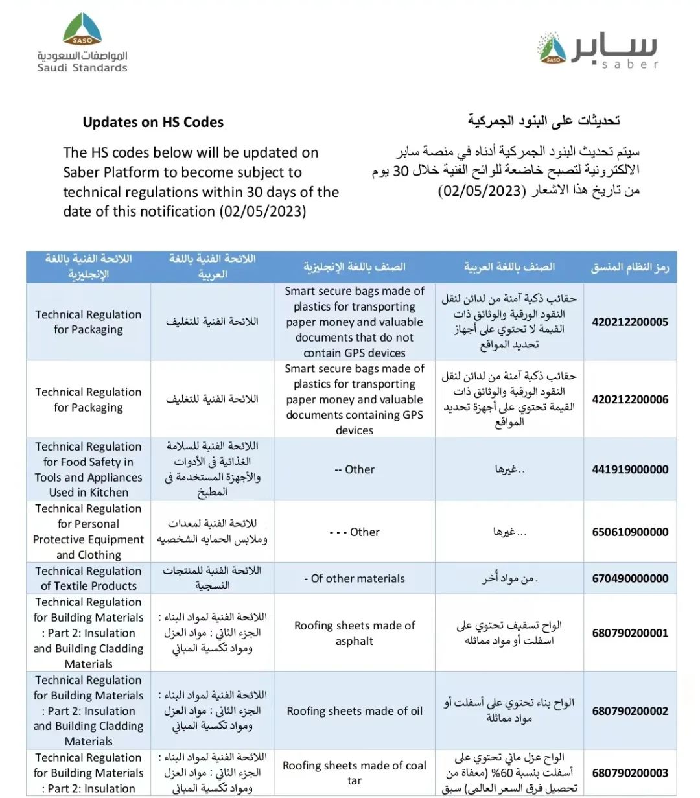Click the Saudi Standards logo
click(82, 43)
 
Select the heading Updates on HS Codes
click(153, 122)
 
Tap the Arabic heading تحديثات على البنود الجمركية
click(544, 121)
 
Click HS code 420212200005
click(630, 322)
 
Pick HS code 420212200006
click(630, 399)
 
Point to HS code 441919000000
click(630, 469)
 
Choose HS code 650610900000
click(630, 532)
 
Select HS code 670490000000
click(630, 578)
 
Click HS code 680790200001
click(630, 633)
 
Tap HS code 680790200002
click(630, 710)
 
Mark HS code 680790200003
click(630, 773)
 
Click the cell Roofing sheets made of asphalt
click(355, 633)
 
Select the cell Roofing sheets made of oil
click(355, 711)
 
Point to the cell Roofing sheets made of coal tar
click(355, 773)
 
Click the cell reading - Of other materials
click(355, 578)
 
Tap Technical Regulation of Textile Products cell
click(89, 578)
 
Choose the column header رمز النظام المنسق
click(630, 267)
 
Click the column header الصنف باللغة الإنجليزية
click(355, 267)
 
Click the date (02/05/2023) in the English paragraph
click(262, 211)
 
